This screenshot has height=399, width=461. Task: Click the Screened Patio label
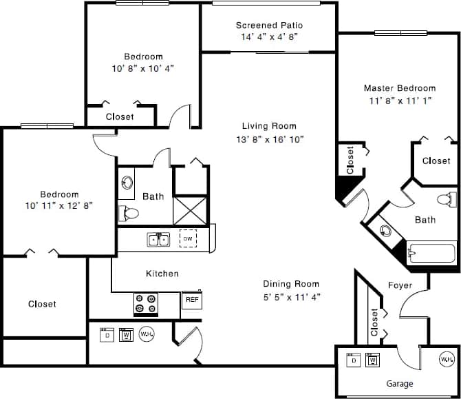coord(269,25)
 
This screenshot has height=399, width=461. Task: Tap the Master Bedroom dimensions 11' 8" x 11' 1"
coord(399,100)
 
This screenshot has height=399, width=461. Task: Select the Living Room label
coord(269,126)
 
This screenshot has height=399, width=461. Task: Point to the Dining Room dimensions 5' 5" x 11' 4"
coord(291,297)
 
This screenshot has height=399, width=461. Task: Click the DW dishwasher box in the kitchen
coord(187,239)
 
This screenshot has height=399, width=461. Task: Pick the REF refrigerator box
coord(191,300)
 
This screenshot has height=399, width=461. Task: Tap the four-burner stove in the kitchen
coord(145,304)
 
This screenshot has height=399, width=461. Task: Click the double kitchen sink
coord(158,240)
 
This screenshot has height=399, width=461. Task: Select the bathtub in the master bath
coord(431,252)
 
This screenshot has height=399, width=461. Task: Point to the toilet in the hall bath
coord(128,214)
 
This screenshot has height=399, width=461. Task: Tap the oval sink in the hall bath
coord(127,183)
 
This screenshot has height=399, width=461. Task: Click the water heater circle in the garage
coord(447,359)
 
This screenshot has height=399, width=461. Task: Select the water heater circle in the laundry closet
coord(147,334)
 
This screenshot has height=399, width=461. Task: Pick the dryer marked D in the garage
coord(353,360)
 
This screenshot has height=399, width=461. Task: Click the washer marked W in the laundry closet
coord(126,335)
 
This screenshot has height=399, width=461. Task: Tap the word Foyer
coord(400,285)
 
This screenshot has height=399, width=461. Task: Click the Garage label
coord(399,384)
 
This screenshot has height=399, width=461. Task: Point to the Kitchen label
coord(162,274)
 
